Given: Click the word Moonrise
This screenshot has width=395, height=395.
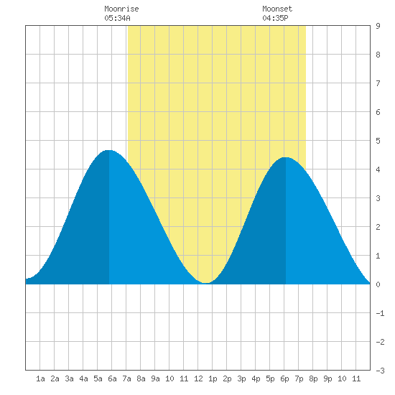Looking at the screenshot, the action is tap(121, 9).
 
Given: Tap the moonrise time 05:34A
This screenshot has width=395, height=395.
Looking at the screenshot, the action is tap(117, 18).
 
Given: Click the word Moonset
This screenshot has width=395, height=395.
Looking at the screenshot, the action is tap(277, 9).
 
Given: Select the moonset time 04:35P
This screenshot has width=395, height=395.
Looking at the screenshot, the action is tap(275, 18).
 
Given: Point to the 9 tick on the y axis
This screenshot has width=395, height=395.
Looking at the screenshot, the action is tap(378, 26).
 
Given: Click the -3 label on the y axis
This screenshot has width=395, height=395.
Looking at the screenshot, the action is tap(380, 371).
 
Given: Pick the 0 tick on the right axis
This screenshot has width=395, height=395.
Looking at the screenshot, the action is tap(378, 284).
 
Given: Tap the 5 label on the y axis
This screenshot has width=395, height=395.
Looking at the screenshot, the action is tap(378, 141).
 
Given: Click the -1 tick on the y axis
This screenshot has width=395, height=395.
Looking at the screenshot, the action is tap(380, 313).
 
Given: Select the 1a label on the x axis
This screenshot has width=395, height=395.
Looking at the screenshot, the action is tap(40, 378).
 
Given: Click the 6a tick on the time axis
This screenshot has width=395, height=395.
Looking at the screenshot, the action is tap(112, 378).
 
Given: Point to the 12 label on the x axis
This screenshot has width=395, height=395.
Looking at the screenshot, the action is tap(198, 378).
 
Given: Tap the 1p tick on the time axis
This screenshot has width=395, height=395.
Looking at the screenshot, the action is tap(213, 378).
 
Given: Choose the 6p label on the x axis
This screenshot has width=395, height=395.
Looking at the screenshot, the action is tap(284, 378).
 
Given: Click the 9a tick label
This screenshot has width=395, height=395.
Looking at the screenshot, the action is tap(155, 378).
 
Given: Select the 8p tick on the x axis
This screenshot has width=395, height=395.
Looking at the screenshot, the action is tap(313, 378).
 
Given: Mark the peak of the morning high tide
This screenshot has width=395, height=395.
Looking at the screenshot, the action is tap(109, 150).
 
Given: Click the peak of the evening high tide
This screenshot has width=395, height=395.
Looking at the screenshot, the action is tap(286, 157).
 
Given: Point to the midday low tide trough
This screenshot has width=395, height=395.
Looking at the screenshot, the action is tap(206, 283).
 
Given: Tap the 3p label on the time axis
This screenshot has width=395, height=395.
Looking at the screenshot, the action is tap(241, 378).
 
